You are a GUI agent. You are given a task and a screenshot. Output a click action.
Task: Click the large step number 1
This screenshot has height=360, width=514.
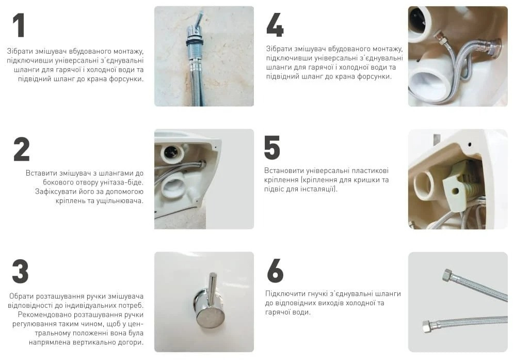coord(19,25)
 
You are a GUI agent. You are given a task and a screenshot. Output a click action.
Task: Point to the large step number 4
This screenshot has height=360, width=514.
coord(275,25)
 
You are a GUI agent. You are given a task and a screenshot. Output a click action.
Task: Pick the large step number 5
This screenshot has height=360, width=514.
coord(272,148)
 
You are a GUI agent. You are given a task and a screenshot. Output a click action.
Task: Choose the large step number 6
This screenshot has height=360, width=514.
coord(275,271)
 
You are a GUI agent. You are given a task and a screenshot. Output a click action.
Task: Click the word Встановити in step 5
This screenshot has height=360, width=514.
coord(283,170)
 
